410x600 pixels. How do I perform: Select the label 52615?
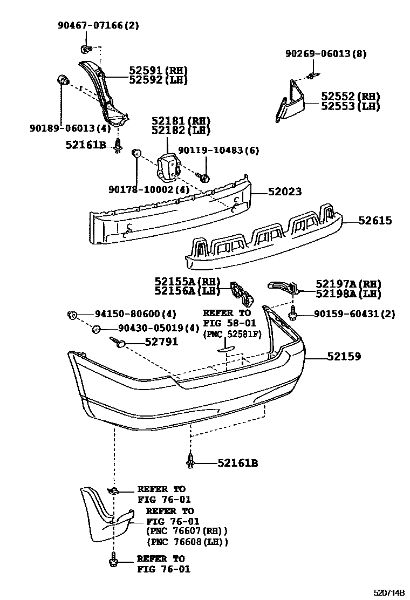click(x=373, y=221)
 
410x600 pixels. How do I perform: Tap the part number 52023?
click(x=284, y=192)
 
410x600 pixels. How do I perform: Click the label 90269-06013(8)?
click(x=326, y=53)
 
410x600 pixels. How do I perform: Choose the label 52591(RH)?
click(x=158, y=71)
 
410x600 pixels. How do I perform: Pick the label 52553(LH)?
click(x=350, y=106)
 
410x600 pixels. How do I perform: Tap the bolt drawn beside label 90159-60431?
click(x=293, y=313)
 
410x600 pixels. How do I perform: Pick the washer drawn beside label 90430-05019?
click(x=95, y=329)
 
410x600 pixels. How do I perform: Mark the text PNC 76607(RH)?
click(x=187, y=531)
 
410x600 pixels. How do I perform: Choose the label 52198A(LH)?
click(x=348, y=294)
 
